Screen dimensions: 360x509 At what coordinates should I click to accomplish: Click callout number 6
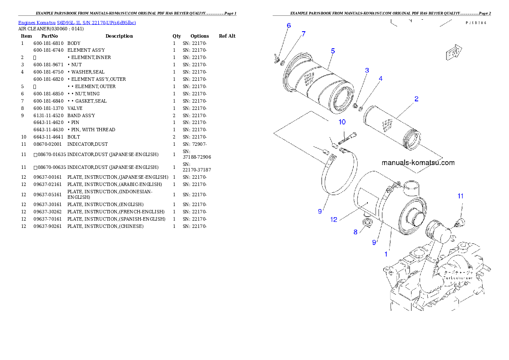pos(289,26)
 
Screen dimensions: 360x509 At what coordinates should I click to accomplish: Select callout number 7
pos(304,34)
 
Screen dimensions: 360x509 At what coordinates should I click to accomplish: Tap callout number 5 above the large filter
pos(333,51)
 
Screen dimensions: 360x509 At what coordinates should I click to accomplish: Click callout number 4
pos(380,79)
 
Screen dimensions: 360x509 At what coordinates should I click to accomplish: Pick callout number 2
pos(416,99)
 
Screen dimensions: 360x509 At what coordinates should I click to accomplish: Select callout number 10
pos(342,122)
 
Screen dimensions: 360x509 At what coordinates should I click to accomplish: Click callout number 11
pos(460,196)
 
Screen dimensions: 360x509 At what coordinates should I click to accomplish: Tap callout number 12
pos(334,220)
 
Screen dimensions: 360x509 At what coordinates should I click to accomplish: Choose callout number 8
pos(355,232)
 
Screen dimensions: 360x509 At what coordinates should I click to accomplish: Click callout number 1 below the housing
pos(386,254)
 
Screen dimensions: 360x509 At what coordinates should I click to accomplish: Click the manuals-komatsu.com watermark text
pos(418,162)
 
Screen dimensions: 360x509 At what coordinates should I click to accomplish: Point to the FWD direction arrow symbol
pos(453,53)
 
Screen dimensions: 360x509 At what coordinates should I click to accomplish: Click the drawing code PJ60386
pos(477,24)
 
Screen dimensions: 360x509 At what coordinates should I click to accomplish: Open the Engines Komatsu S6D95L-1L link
pos(77,23)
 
